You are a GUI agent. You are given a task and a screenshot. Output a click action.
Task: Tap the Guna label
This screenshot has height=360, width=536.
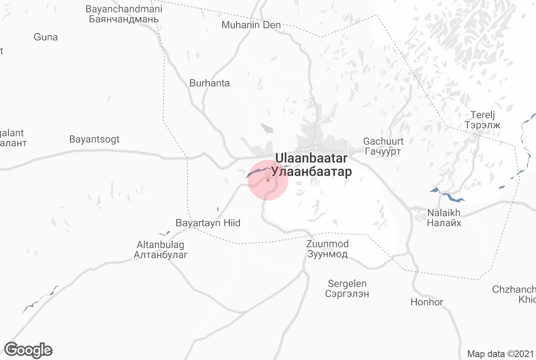point(46,37)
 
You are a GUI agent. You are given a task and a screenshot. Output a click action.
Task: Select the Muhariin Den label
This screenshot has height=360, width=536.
point(251,25)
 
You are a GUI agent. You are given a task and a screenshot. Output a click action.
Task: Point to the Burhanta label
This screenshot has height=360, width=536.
point(209,83)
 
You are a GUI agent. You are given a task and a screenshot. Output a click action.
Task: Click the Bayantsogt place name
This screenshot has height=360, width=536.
point(94,139)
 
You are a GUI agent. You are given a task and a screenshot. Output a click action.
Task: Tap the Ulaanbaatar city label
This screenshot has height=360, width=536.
point(311,165)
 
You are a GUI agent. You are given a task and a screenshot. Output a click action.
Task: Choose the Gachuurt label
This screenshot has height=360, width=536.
point(383,146)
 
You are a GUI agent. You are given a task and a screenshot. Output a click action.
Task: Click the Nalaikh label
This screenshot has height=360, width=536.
point(444,218)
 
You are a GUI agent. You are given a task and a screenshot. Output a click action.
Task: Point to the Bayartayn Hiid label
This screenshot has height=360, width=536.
point(208,223)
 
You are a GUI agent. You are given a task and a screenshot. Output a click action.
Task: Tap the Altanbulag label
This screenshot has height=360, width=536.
point(160,249)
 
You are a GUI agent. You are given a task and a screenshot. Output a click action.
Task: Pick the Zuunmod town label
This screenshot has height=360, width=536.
point(327,249)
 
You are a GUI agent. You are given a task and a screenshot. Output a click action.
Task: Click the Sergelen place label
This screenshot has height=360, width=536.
point(347,288)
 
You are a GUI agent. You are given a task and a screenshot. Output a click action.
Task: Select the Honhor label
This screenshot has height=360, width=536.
point(427,302)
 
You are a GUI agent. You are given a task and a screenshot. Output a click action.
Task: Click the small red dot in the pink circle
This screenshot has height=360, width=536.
point(268,180)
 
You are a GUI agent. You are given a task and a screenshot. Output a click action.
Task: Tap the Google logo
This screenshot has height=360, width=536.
point(28,350)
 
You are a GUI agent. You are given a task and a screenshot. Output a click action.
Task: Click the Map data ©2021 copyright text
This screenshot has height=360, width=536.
point(500,354)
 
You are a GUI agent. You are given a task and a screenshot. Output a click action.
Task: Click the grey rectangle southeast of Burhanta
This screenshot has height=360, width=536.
point(266,128)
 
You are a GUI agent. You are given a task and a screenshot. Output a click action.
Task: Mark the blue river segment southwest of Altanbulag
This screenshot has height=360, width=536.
point(40,299)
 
